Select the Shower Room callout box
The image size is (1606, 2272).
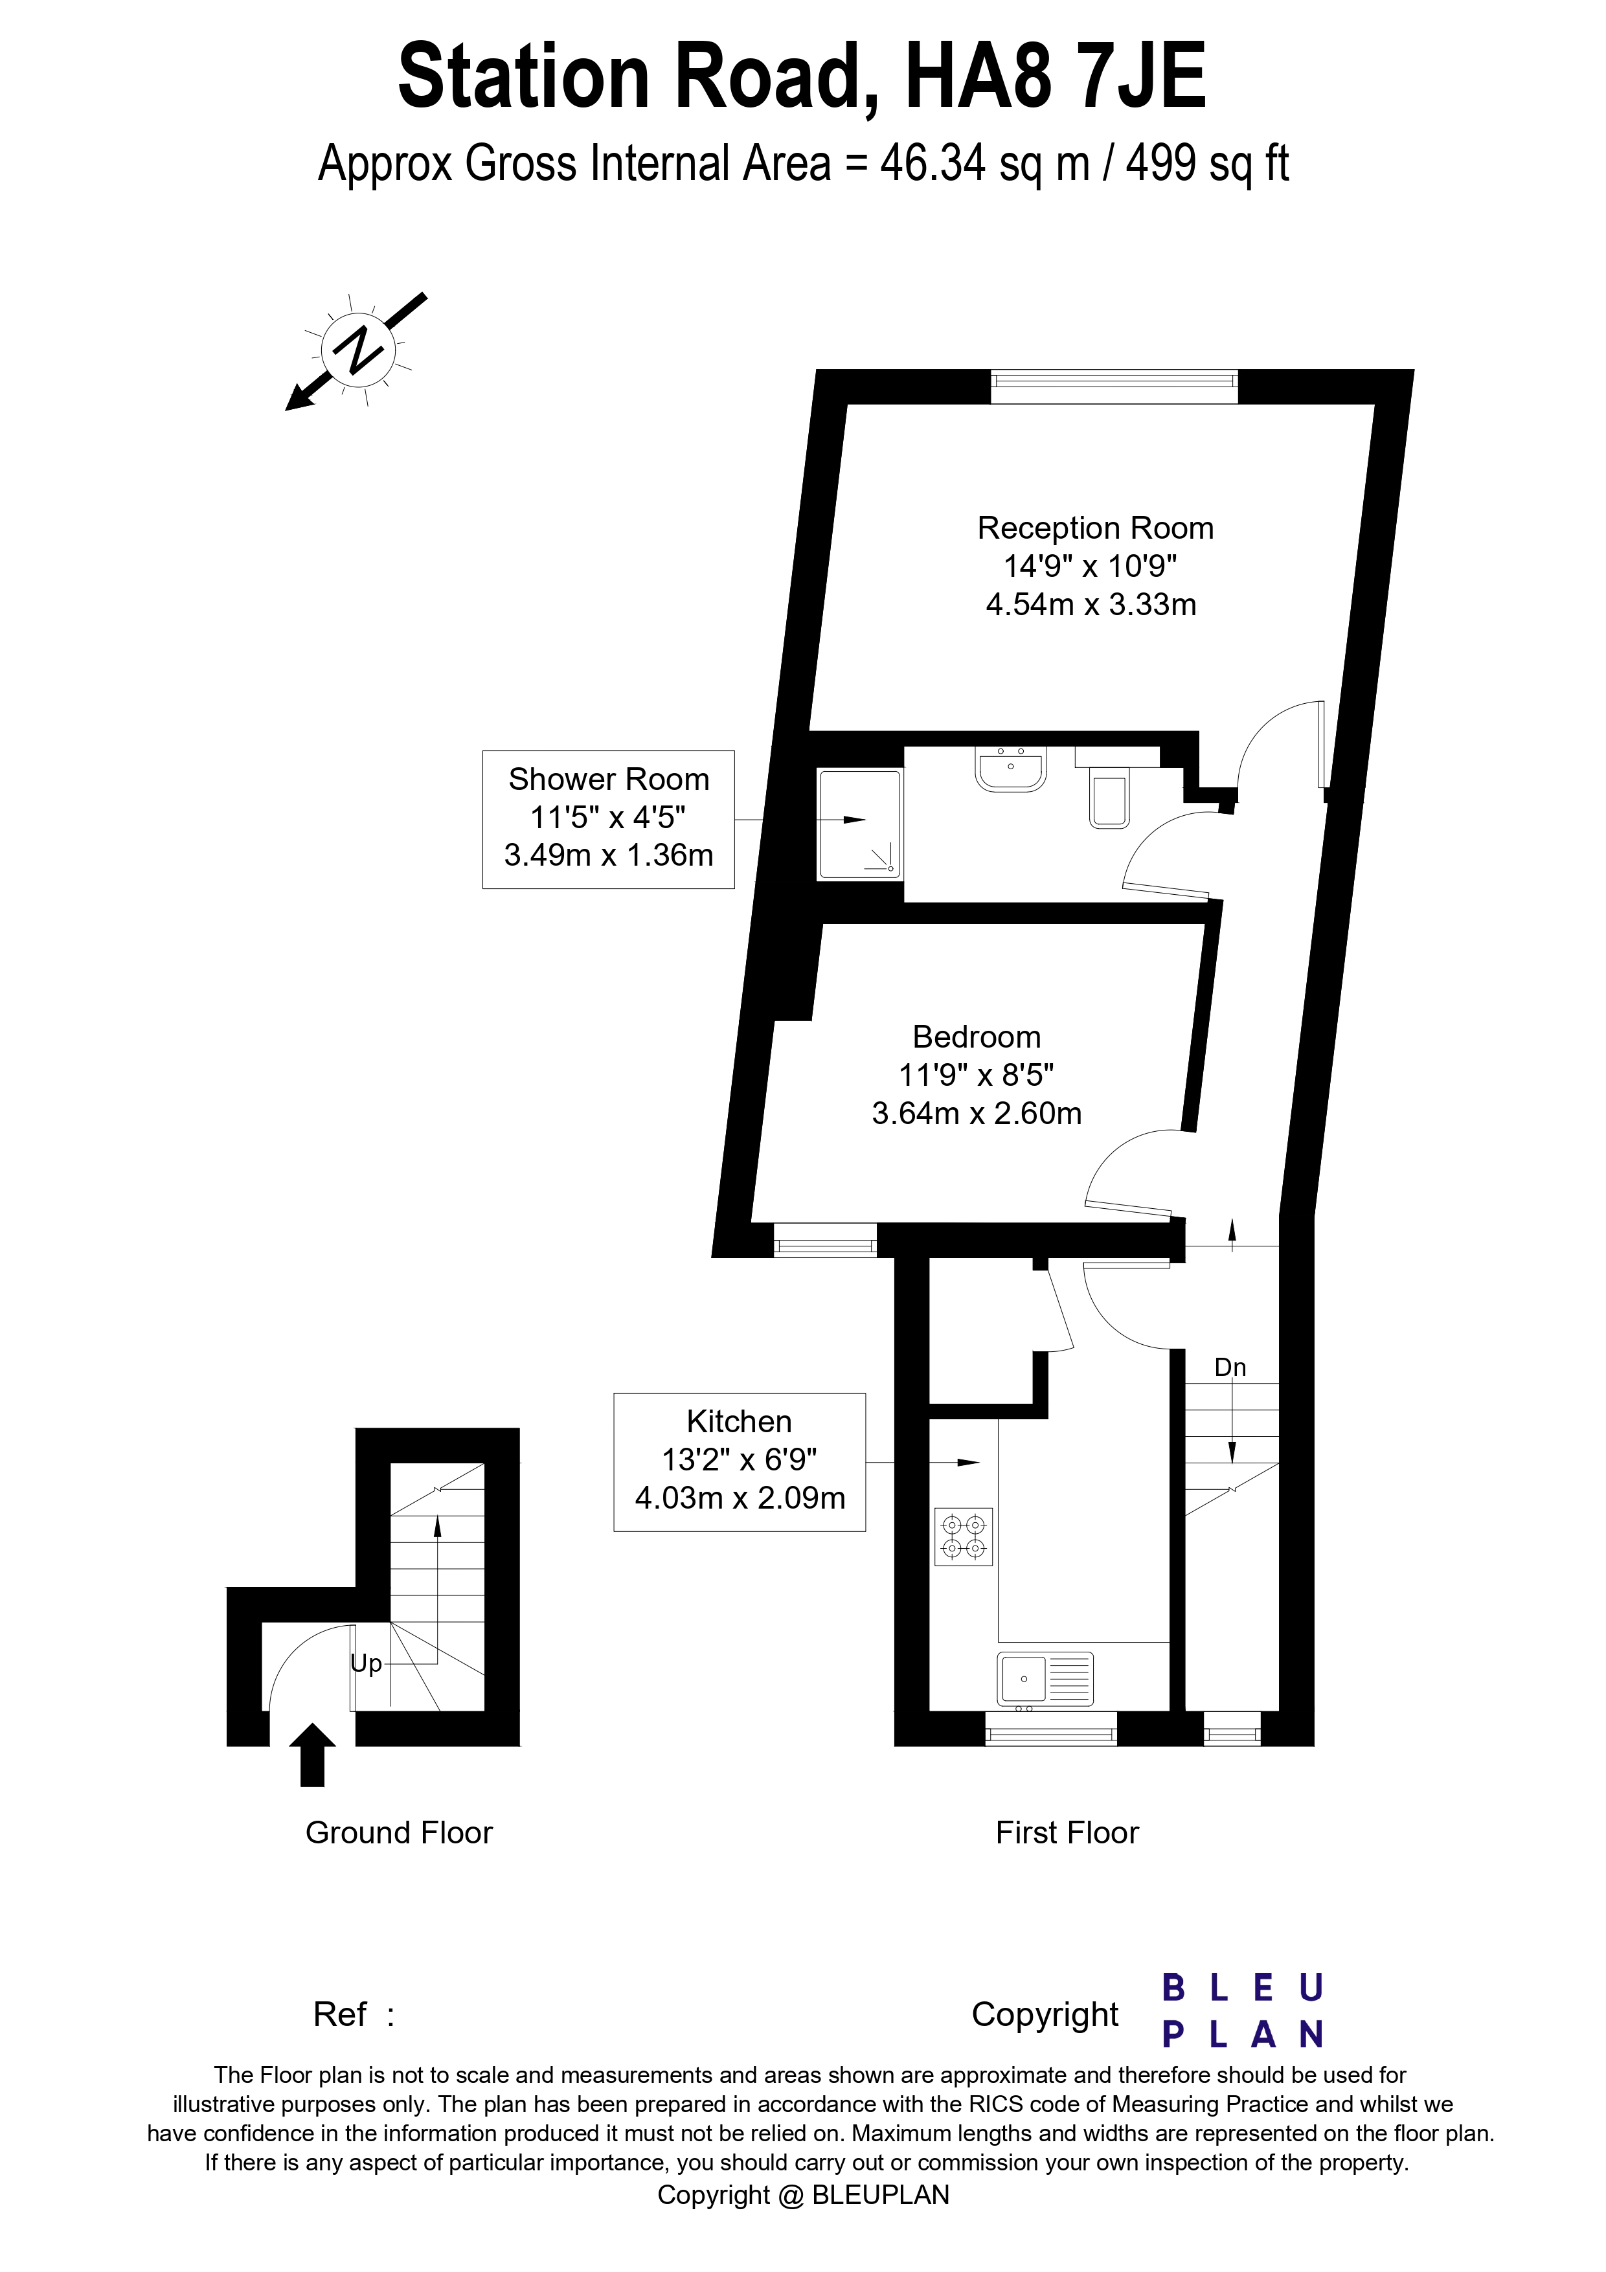pos(609,819)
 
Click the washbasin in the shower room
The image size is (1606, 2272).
pos(1010,769)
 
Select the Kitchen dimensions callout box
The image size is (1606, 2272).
pos(739,1463)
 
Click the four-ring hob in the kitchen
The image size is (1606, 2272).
pos(964,1536)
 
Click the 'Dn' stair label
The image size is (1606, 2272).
pos(1230,1367)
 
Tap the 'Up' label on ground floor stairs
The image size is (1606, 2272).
pos(366,1663)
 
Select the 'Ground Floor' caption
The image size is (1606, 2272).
pos(399,1832)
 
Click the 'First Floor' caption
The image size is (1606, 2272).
pos(1067,1832)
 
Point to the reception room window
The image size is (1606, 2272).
pos(1114,386)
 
